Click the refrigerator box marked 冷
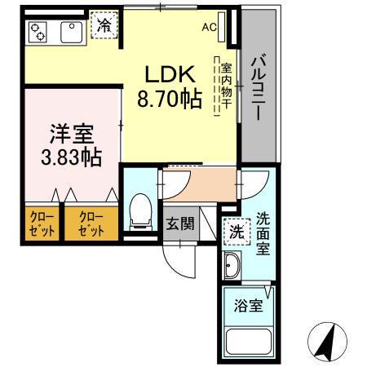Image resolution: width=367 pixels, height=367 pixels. pyautogui.click(x=104, y=26)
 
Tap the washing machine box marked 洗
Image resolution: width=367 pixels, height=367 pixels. pyautogui.click(x=234, y=232)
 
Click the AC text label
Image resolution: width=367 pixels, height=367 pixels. pyautogui.click(x=210, y=27)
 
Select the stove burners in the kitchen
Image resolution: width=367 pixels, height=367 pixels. pyautogui.click(x=38, y=32)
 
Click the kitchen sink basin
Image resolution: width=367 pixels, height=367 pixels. pyautogui.click(x=69, y=32)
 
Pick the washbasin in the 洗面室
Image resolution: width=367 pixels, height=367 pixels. pyautogui.click(x=231, y=266)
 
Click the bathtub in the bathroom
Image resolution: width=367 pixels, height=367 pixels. pyautogui.click(x=250, y=342)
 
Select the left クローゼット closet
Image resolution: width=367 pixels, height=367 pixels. pyautogui.click(x=39, y=224)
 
